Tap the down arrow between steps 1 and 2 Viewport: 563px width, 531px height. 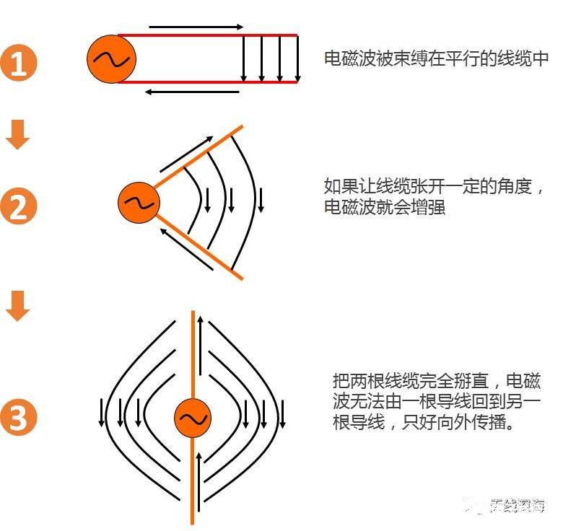click(x=18, y=135)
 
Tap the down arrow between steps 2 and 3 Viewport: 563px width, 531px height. click(x=18, y=306)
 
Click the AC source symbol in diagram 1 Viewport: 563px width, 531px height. click(x=111, y=60)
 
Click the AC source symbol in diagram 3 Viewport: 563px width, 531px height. click(x=193, y=418)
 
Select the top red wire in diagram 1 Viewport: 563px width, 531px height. click(x=209, y=35)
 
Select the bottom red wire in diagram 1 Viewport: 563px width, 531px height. click(x=209, y=82)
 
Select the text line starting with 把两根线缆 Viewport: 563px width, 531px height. click(x=436, y=380)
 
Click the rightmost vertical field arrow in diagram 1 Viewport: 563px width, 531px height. click(x=297, y=58)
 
